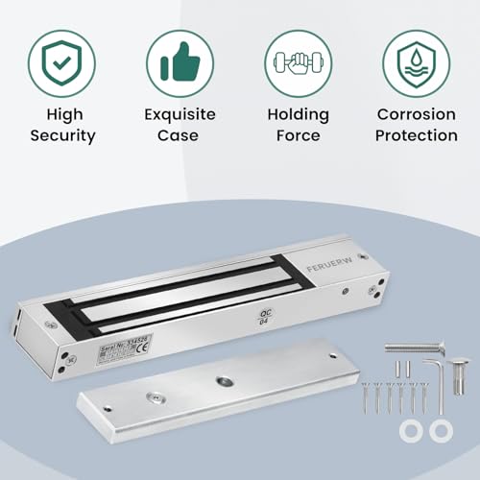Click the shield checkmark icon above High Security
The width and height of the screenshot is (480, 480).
[x=60, y=62]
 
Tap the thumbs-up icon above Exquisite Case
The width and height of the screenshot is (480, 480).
[x=180, y=62]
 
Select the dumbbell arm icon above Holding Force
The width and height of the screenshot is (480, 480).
[x=298, y=62]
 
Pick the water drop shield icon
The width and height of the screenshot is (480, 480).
[x=416, y=62]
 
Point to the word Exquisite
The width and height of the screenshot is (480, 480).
[x=180, y=114]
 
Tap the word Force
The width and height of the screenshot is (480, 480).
[x=298, y=135]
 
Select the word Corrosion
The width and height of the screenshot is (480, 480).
[x=416, y=114]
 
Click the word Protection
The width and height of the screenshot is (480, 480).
[x=416, y=135]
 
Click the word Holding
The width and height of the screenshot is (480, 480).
[x=298, y=114]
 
